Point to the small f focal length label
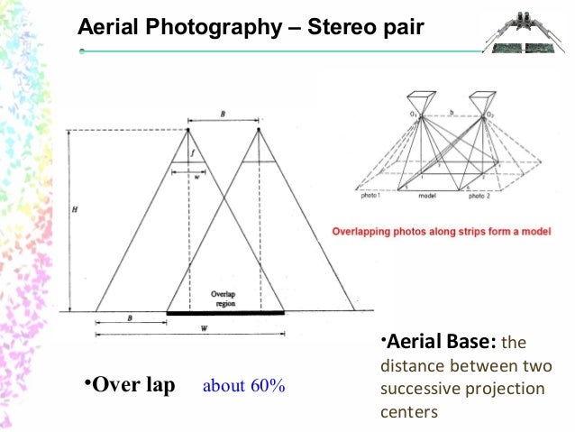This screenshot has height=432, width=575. (192, 153)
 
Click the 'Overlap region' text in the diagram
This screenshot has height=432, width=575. (224, 299)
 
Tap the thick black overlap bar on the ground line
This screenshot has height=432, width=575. (225, 312)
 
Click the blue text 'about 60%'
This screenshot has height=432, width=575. (243, 387)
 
